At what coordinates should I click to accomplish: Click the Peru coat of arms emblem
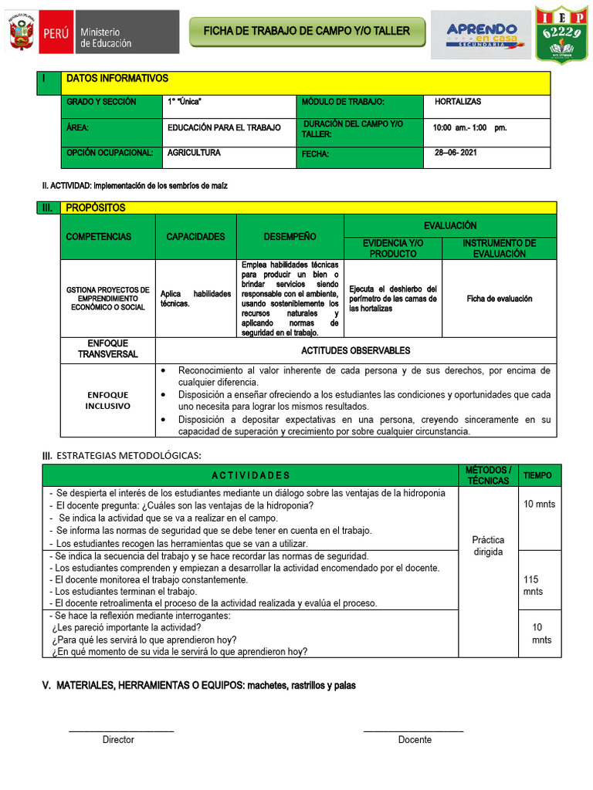click(22, 32)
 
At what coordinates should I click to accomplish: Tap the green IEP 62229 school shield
click(560, 33)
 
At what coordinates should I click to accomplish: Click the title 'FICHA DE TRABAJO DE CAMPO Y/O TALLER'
click(301, 31)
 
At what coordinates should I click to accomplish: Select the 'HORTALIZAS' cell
click(458, 102)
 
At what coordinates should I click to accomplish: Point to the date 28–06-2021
click(456, 153)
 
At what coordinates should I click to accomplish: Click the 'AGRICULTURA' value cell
click(194, 153)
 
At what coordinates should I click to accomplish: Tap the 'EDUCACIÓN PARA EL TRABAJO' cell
click(224, 127)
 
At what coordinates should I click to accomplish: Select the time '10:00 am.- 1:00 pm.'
click(469, 127)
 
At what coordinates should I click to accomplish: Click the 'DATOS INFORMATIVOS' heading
click(117, 79)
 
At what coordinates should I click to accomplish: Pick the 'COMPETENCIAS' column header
click(99, 237)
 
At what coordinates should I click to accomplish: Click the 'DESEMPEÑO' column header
click(290, 237)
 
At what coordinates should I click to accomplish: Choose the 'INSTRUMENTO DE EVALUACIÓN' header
click(499, 248)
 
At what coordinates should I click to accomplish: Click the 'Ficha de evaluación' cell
click(499, 299)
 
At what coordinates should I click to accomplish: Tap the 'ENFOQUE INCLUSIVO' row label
click(107, 400)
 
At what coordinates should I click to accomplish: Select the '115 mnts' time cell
click(533, 586)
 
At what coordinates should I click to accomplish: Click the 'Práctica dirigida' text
click(488, 546)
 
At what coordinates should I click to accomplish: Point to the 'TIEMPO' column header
click(537, 476)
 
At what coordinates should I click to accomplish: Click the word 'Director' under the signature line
click(118, 740)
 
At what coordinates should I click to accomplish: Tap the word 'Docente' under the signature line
click(415, 740)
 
